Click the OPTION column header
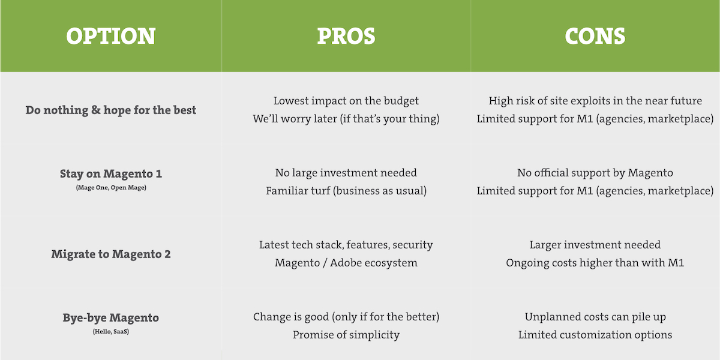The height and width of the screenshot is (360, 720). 111,36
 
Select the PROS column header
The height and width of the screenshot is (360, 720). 346,36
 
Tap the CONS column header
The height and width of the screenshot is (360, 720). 595,36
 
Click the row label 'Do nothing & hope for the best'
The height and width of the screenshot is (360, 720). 111,110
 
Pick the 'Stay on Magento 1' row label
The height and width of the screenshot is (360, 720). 111,173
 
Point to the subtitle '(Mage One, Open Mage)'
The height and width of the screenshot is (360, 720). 111,188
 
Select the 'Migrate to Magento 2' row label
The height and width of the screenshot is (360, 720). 111,254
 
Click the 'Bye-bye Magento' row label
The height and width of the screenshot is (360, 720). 111,318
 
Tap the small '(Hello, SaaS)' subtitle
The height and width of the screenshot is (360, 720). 111,331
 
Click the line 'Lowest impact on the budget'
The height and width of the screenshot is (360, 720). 346,101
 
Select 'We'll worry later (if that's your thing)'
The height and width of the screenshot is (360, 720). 346,119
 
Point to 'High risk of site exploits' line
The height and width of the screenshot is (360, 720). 595,101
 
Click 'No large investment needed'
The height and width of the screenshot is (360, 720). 346,173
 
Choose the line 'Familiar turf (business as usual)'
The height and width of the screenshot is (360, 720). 346,191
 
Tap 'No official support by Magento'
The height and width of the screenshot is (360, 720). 595,173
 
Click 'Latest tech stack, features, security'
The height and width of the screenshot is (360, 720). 346,245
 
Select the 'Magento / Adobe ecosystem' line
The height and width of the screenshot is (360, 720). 346,263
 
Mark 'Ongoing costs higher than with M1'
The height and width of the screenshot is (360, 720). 595,263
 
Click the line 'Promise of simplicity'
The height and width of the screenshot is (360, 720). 346,335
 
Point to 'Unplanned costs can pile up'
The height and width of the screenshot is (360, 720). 595,317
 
